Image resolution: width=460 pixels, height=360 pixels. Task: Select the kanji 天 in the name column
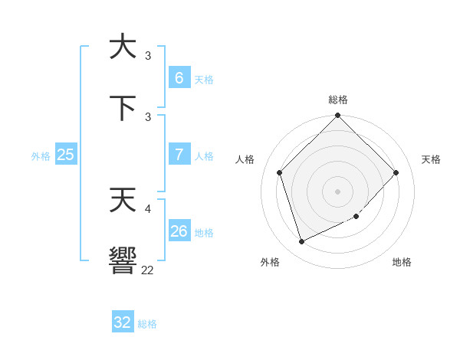click(123, 200)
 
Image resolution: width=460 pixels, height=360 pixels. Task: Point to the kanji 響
click(123, 260)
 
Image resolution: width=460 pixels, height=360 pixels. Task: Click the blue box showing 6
click(179, 78)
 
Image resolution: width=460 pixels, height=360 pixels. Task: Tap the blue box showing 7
click(179, 155)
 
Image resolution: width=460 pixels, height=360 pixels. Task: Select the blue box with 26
click(179, 231)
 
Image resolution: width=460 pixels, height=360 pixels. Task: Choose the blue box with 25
click(65, 155)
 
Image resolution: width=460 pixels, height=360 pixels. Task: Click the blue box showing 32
click(123, 322)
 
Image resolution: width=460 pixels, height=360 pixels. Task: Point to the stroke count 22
click(147, 270)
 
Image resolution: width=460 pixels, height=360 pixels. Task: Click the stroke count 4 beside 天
click(148, 208)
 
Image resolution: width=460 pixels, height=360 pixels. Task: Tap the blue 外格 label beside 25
click(41, 155)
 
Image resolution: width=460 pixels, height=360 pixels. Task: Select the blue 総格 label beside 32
click(147, 324)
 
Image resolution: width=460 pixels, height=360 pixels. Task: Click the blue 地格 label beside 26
click(204, 233)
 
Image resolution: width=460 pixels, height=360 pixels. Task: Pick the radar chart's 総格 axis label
click(338, 100)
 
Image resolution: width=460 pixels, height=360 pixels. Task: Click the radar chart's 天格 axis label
click(431, 159)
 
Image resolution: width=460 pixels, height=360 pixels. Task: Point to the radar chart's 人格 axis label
click(245, 159)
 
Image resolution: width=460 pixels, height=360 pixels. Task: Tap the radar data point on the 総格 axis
click(338, 116)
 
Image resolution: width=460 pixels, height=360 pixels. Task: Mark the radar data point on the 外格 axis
click(301, 242)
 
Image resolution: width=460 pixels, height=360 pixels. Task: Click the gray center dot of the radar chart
click(338, 191)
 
